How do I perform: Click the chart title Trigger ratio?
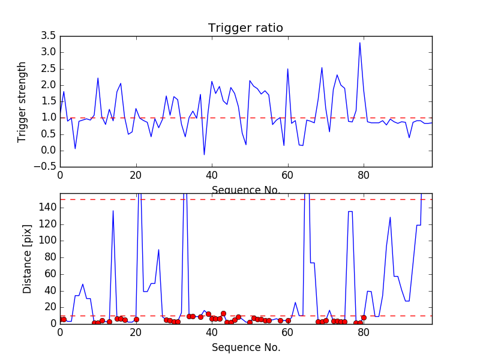(x=245, y=28)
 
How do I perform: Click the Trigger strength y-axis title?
(x=22, y=101)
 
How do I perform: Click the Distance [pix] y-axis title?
(x=27, y=259)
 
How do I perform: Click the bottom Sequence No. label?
(x=245, y=347)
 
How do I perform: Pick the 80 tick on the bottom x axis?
(x=364, y=331)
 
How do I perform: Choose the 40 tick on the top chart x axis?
(x=212, y=175)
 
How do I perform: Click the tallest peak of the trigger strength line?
(x=360, y=43)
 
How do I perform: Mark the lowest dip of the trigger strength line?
(x=204, y=155)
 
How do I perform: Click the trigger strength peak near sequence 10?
(x=98, y=78)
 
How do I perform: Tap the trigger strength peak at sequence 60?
(x=288, y=69)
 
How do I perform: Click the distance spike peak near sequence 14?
(x=113, y=211)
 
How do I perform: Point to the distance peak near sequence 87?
(x=390, y=217)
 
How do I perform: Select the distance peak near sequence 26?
(x=158, y=250)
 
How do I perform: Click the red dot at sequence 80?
(x=364, y=317)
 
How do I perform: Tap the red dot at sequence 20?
(x=136, y=319)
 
